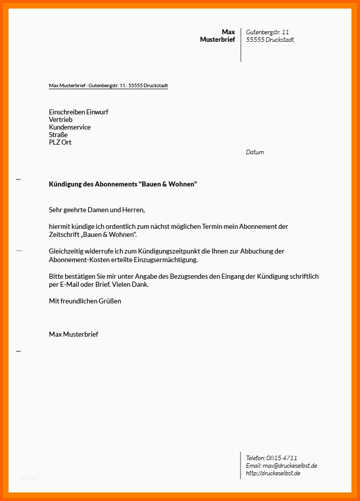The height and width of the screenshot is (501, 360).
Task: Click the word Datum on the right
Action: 255,152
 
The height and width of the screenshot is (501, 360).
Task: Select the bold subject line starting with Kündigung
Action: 123,184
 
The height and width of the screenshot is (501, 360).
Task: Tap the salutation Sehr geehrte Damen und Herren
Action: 97,210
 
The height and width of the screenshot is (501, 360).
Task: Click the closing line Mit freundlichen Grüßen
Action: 85,301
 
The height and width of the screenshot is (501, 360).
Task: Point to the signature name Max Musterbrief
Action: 74,334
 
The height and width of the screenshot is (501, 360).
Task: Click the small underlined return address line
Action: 108,86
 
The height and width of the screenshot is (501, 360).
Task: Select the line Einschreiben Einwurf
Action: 79,112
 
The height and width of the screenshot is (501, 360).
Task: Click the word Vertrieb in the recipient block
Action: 61,120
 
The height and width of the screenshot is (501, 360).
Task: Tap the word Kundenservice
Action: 70,128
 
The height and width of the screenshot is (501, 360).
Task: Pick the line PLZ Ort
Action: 60,143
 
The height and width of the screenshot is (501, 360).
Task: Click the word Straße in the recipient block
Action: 58,135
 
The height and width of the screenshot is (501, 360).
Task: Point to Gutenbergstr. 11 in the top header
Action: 267,32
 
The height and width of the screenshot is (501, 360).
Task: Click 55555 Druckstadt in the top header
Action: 270,40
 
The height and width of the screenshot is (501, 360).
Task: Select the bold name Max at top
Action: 228,32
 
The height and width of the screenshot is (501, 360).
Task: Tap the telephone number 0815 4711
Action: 282,458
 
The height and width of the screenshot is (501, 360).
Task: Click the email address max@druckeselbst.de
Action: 290,466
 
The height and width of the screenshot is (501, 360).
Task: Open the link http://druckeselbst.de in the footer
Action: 273,473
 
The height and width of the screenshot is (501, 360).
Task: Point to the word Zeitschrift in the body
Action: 63,235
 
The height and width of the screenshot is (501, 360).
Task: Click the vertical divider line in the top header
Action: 241,45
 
